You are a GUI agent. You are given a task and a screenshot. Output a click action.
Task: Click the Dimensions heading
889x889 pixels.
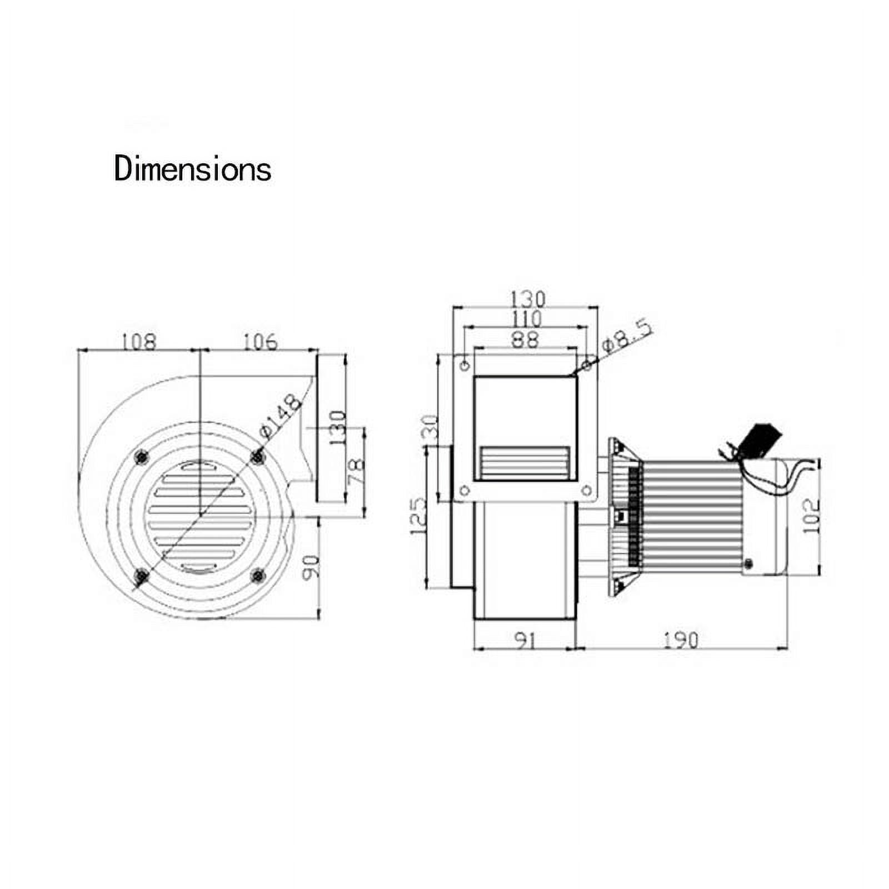click(192, 168)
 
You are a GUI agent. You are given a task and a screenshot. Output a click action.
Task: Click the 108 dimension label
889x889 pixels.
click(138, 341)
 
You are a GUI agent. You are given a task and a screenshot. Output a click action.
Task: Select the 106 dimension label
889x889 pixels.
click(260, 341)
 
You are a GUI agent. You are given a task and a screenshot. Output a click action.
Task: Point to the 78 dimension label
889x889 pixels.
click(356, 471)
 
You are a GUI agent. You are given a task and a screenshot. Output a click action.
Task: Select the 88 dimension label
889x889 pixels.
click(525, 339)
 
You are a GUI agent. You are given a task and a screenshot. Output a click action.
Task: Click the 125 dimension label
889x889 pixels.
click(418, 517)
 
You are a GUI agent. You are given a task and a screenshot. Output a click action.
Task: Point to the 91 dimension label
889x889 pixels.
click(524, 641)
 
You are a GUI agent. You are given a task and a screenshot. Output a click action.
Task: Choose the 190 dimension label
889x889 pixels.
click(681, 641)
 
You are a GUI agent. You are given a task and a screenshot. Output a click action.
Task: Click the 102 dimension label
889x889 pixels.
click(812, 516)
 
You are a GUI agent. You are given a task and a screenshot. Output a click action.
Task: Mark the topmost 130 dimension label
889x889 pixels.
click(527, 299)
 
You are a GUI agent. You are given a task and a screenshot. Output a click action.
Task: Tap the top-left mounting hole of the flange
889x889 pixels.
click(465, 365)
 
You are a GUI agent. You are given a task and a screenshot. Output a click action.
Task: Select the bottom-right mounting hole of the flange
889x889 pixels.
click(586, 490)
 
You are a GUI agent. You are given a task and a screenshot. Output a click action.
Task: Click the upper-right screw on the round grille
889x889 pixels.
click(257, 457)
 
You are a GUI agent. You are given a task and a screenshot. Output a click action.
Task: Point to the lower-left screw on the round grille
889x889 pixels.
click(142, 576)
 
